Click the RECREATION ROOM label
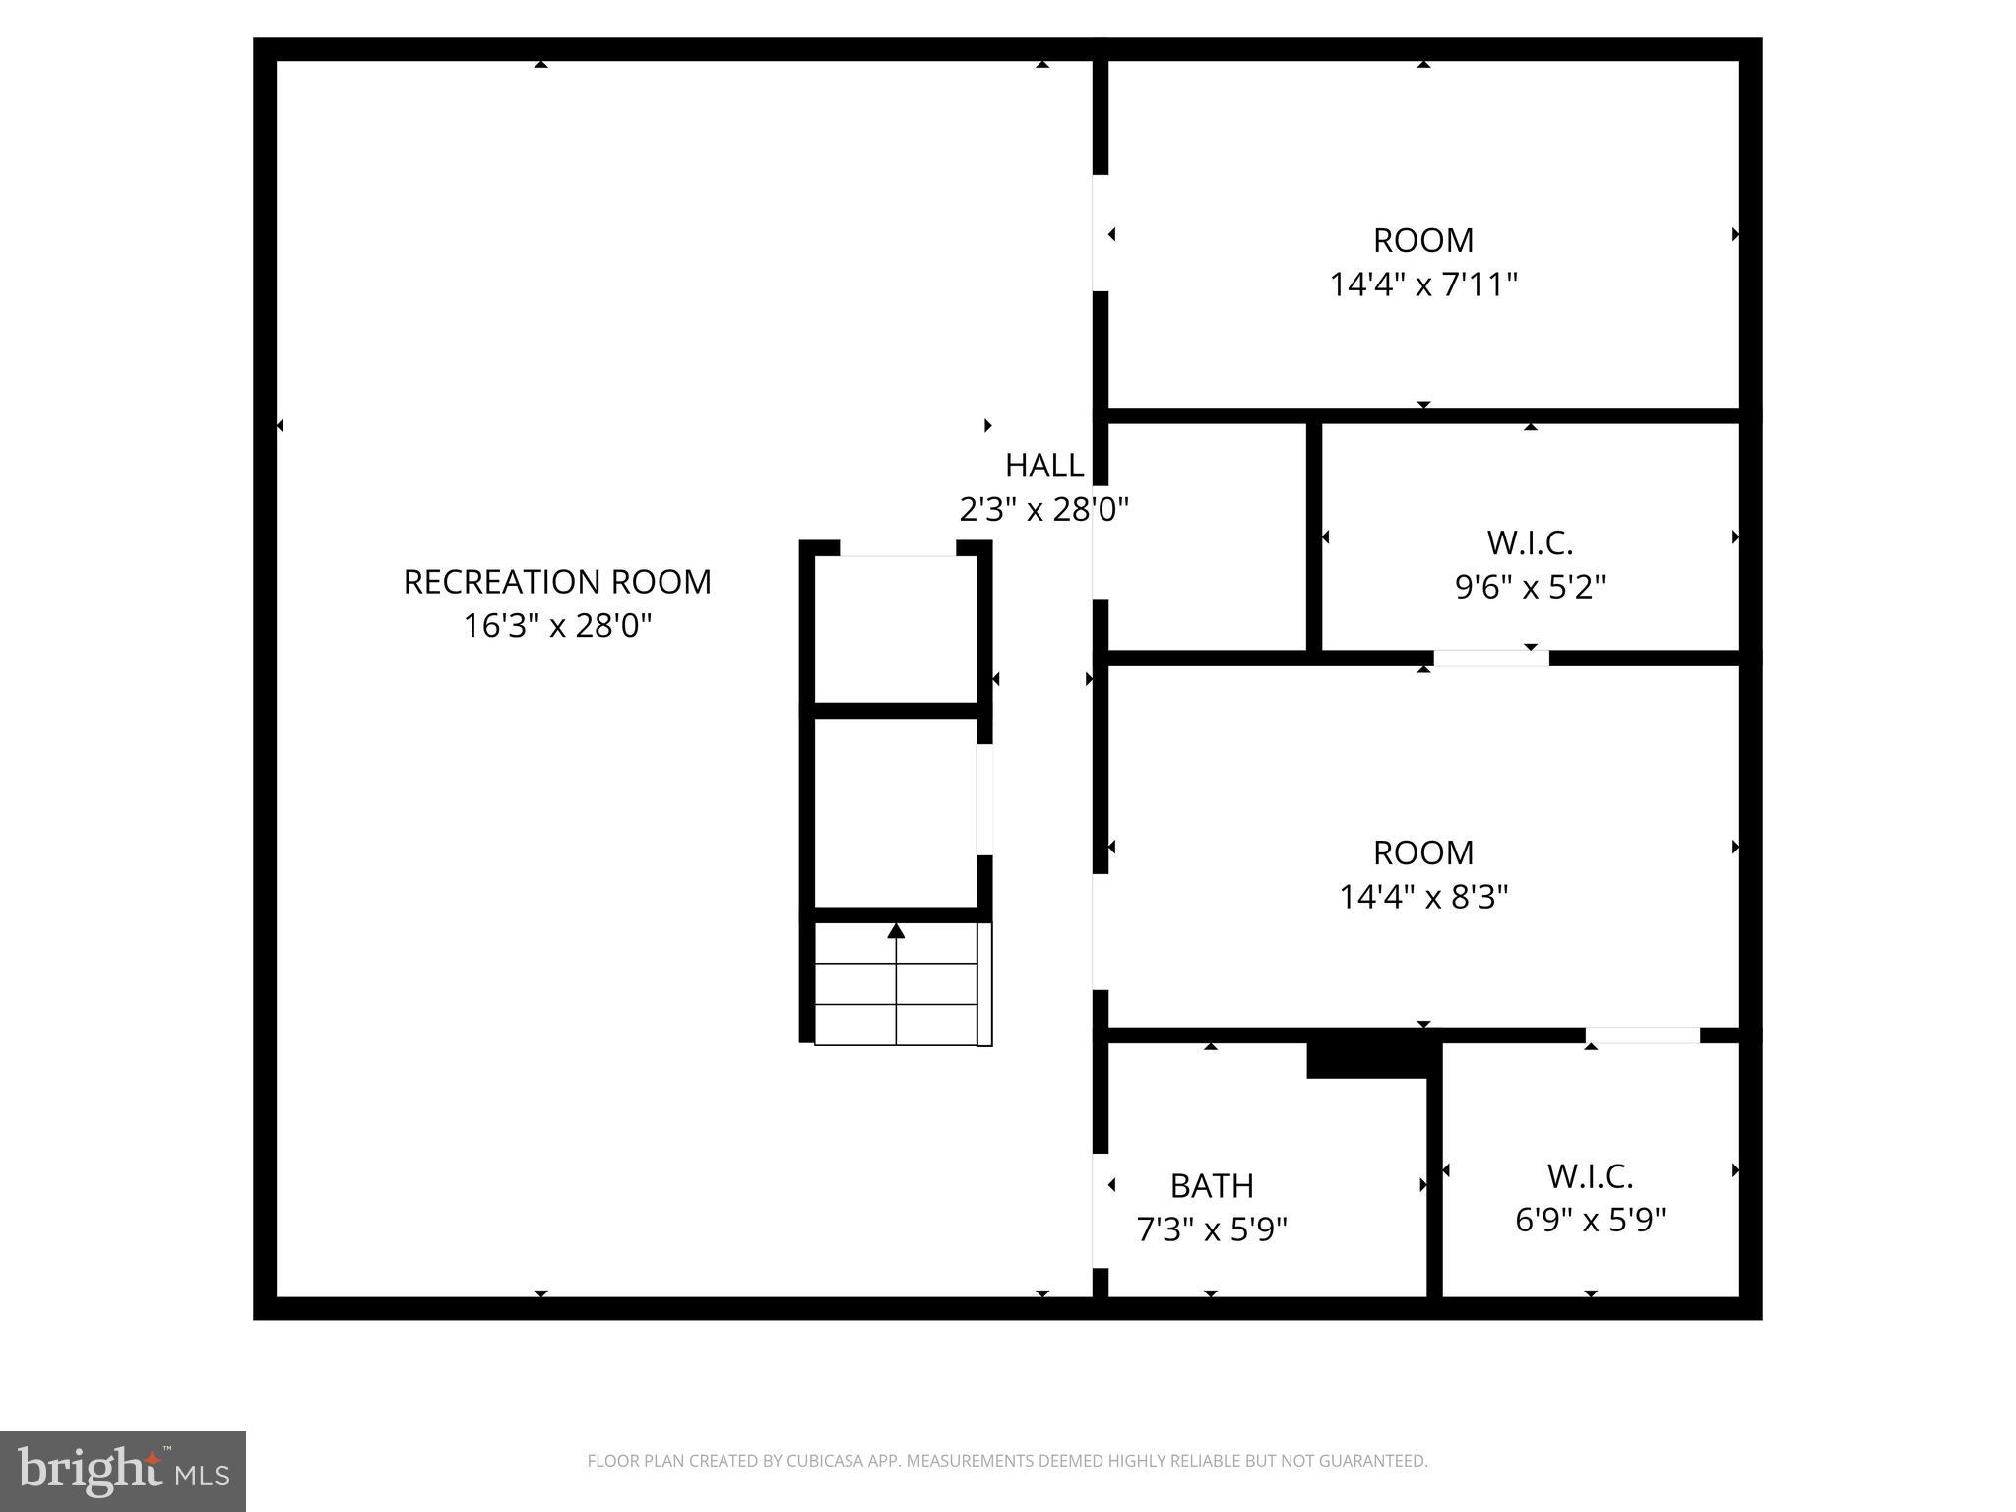click(557, 582)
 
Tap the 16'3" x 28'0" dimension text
click(557, 626)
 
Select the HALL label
click(1043, 465)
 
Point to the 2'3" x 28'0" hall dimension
click(1043, 509)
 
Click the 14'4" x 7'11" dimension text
click(1423, 284)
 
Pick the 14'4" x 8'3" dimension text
click(1423, 897)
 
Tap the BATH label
click(1212, 1186)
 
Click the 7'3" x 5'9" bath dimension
click(1212, 1229)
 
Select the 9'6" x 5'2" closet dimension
click(1530, 587)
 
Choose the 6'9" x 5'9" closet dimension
click(1590, 1221)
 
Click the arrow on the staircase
click(896, 931)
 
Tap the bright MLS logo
click(123, 1471)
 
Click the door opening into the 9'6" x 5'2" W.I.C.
click(1490, 658)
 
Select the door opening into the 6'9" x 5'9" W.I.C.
click(1642, 1036)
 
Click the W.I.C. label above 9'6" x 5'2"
click(1530, 542)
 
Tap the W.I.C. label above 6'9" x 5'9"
click(1590, 1176)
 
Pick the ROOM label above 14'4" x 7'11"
click(1423, 240)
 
